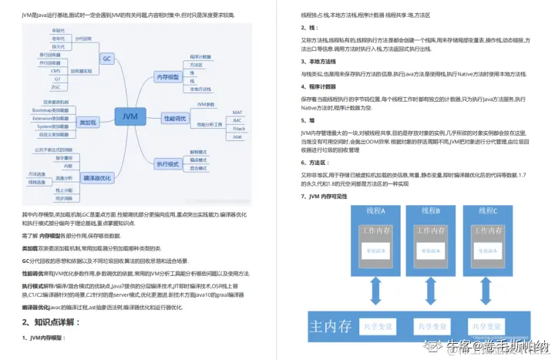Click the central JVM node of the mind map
pos(129,117)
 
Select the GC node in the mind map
pos(108,58)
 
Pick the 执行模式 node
pos(166,163)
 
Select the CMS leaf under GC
pos(55,70)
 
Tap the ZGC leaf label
pos(56,86)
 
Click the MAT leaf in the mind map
pos(237,113)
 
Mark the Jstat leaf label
pos(237,136)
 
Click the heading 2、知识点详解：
pos(48,322)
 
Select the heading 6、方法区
pos(313,163)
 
